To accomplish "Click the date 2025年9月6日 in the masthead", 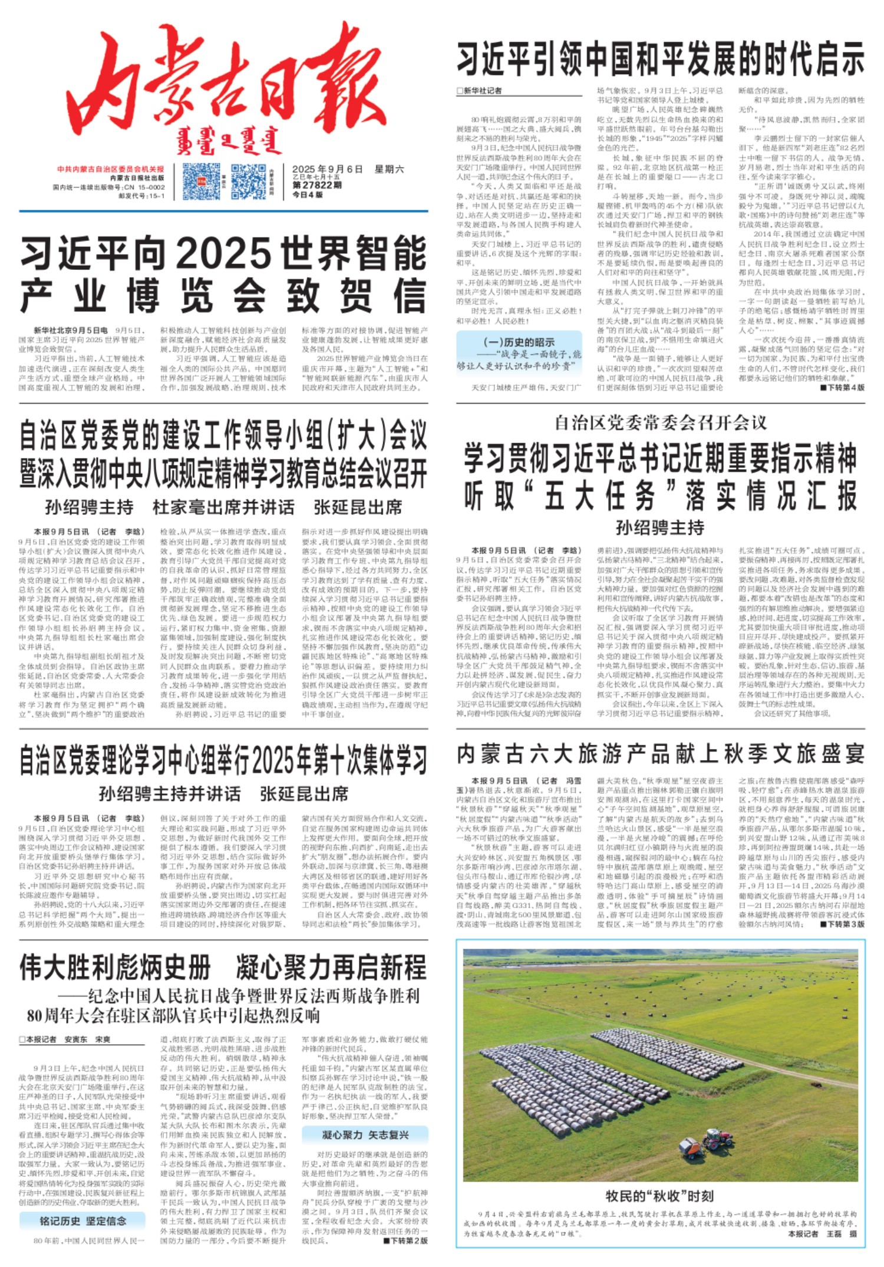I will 327,169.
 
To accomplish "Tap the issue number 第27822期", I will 317,185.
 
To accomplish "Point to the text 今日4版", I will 308,194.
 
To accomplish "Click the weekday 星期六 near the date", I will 389,169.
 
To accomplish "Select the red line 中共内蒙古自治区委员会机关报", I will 111,169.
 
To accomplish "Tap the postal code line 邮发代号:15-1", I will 141,196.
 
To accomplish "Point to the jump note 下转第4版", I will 842,387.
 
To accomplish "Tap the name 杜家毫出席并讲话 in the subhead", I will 223,507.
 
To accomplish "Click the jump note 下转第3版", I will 842,923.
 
